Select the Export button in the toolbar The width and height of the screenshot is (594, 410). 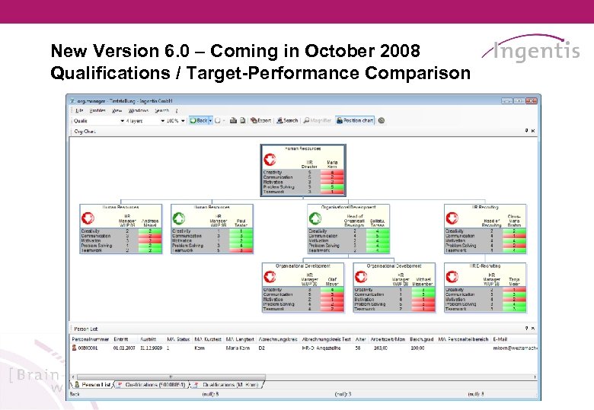261,120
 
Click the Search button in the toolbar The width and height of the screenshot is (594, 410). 288,120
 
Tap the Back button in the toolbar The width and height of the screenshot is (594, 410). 200,120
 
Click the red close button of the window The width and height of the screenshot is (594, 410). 535,100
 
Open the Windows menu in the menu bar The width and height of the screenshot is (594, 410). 138,110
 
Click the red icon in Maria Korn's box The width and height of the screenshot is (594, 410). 270,160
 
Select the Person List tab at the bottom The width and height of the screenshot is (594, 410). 94,385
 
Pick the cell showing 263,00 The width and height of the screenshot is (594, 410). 379,348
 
